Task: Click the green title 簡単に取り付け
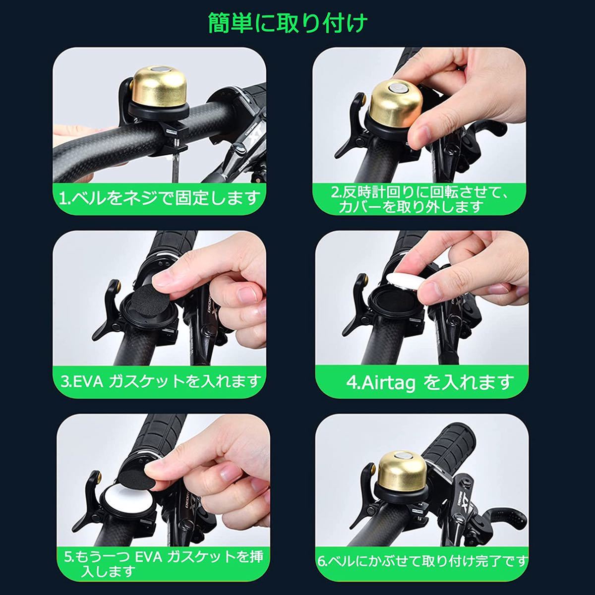point(288,23)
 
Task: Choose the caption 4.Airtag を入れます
point(429,383)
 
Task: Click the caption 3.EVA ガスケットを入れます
point(161,382)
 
